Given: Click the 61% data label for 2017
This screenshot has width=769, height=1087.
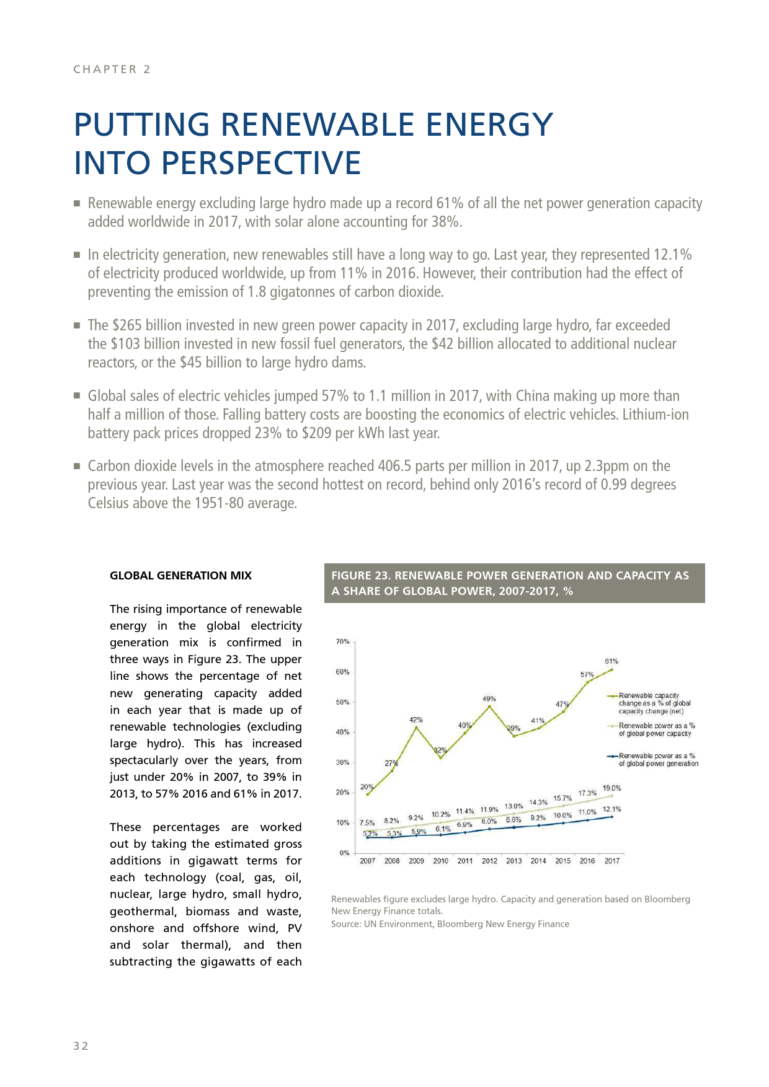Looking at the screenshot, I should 611,661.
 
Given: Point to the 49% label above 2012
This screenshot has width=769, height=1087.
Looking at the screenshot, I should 489,698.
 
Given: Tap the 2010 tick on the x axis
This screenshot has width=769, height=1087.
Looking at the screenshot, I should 440,861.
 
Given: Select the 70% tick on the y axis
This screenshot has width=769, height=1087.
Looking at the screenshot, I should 342,641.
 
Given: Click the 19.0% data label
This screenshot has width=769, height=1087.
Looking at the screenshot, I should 611,788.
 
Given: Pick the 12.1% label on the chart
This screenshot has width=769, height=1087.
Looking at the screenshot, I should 611,809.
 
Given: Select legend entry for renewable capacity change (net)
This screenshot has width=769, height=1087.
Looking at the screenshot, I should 654,703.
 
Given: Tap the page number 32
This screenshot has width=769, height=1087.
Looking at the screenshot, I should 81,1046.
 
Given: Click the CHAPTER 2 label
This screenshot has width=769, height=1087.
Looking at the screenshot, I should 112,69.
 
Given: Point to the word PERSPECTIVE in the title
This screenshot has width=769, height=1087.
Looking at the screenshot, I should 261,163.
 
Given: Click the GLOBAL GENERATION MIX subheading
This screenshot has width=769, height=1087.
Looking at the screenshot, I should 180,576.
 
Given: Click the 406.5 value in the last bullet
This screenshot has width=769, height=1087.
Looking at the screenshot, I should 394,466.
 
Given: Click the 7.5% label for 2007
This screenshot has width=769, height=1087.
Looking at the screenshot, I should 367,823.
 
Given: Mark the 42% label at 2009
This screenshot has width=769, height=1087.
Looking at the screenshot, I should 416,720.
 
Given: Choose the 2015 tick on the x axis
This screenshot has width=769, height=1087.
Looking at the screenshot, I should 562,861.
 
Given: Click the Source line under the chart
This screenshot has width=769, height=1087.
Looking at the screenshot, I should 450,924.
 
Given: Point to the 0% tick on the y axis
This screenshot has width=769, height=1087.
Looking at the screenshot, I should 344,853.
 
